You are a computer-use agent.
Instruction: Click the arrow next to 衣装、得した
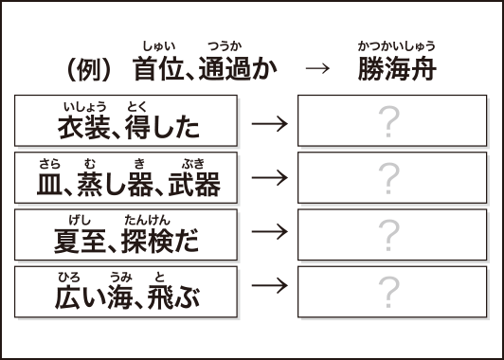click(270, 123)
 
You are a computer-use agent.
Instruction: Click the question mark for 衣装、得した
click(387, 121)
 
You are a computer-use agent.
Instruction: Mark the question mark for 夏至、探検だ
click(387, 233)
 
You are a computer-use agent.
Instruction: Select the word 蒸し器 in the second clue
click(135, 183)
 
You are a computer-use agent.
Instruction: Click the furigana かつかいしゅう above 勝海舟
click(396, 44)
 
